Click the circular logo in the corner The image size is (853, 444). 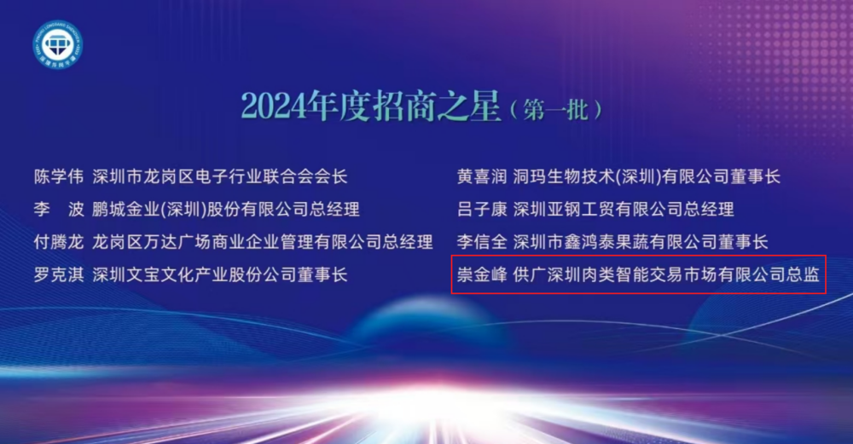pyautogui.click(x=58, y=44)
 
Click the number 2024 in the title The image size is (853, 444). pyautogui.click(x=274, y=106)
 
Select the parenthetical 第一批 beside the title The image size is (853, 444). pyautogui.click(x=556, y=110)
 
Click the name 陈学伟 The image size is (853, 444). pyautogui.click(x=59, y=176)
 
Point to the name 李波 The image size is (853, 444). pyautogui.click(x=59, y=210)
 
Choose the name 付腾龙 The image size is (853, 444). pyautogui.click(x=59, y=242)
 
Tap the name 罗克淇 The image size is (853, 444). pyautogui.click(x=59, y=274)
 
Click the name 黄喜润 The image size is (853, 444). pyautogui.click(x=481, y=176)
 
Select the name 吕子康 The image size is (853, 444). pyautogui.click(x=481, y=210)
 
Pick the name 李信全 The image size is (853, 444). pyautogui.click(x=481, y=242)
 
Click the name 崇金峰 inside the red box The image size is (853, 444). pyautogui.click(x=481, y=274)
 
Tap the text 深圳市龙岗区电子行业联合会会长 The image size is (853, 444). pyautogui.click(x=220, y=176)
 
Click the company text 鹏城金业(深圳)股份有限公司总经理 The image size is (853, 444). pyautogui.click(x=226, y=210)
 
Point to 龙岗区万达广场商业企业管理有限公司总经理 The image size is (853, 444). pyautogui.click(x=262, y=242)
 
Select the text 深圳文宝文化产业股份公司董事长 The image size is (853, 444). pyautogui.click(x=220, y=274)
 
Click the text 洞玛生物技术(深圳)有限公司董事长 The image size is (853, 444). pyautogui.click(x=647, y=176)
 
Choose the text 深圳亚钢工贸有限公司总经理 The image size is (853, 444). pyautogui.click(x=624, y=210)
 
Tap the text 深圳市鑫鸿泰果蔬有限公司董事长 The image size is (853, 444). pyautogui.click(x=641, y=242)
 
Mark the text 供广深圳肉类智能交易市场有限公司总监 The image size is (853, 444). pyautogui.click(x=666, y=274)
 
